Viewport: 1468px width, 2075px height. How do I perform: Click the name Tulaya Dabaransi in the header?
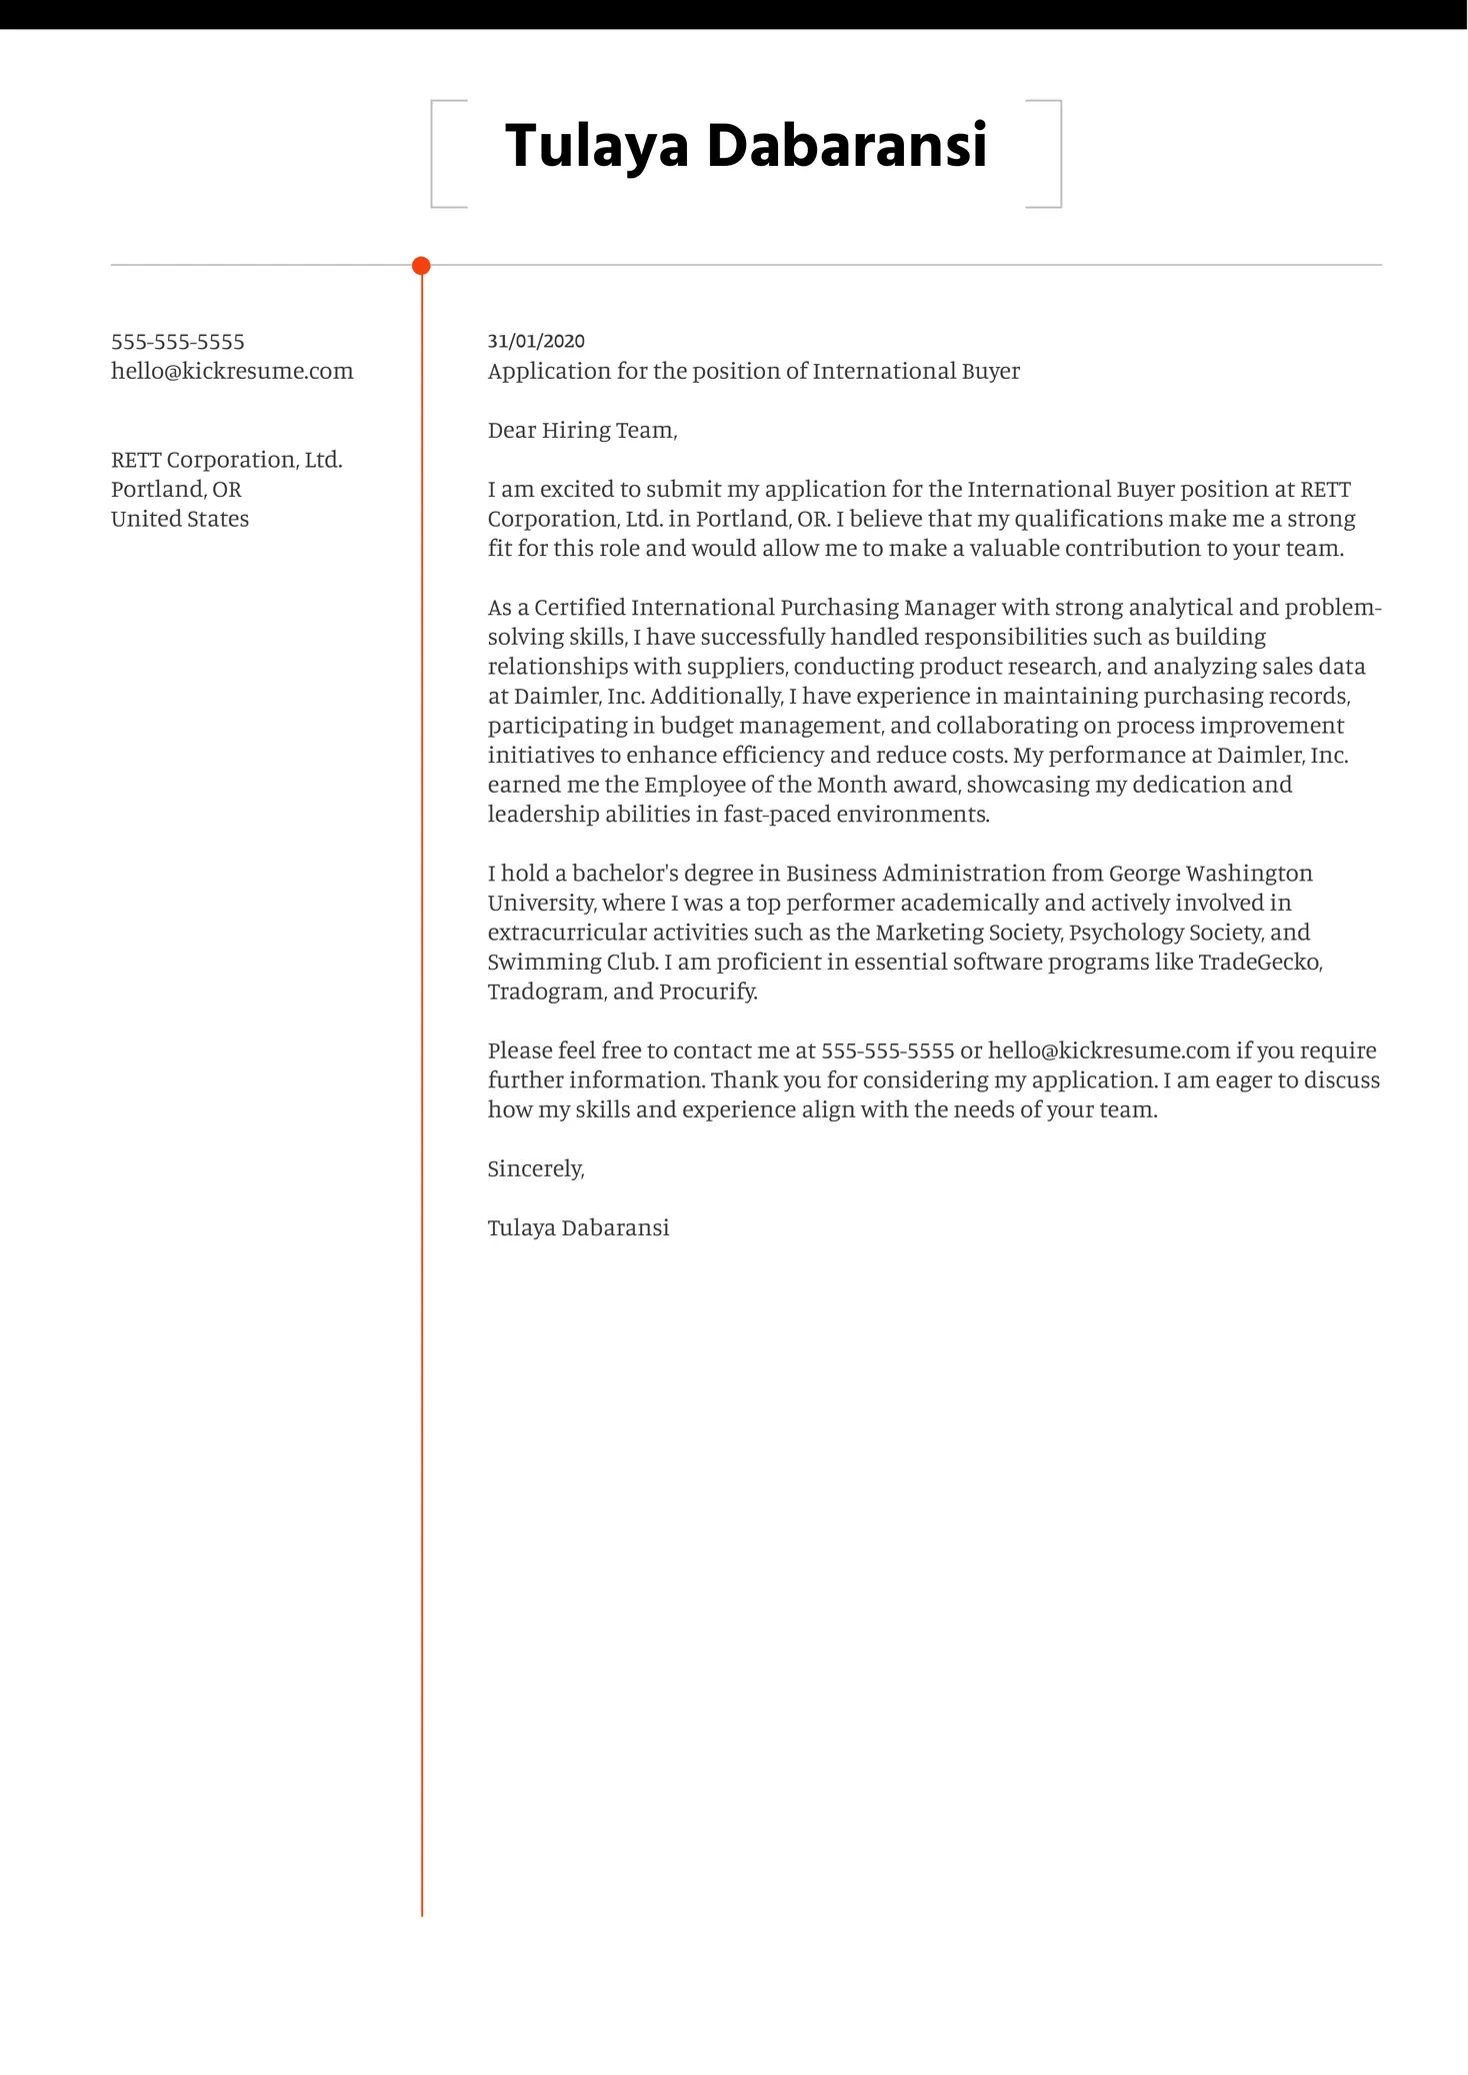tap(746, 146)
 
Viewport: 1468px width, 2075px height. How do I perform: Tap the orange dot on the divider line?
tap(421, 266)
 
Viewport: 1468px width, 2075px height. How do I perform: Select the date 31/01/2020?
tap(536, 342)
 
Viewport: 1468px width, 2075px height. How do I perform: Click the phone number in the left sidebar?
tap(178, 342)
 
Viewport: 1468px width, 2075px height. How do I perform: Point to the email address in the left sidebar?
tap(232, 371)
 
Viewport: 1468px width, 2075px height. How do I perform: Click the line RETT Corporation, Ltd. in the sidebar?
tap(227, 460)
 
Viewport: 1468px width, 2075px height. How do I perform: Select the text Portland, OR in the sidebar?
tap(176, 490)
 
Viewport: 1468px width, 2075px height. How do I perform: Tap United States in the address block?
tap(180, 519)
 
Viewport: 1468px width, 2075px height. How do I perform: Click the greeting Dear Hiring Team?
tap(582, 431)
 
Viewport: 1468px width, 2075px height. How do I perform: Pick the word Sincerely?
tap(535, 1168)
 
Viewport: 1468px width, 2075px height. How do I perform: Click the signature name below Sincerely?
tap(578, 1227)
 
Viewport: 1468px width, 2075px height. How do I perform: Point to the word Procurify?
tap(708, 992)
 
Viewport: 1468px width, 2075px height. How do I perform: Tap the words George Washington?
tap(1211, 874)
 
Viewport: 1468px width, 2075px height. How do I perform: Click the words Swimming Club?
tap(572, 963)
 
